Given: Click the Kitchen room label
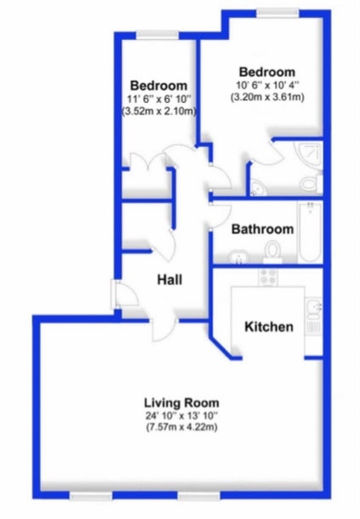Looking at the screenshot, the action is click(269, 327).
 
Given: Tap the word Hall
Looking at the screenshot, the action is click(169, 280).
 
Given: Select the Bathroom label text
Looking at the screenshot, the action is click(262, 229).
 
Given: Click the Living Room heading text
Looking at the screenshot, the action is click(181, 402).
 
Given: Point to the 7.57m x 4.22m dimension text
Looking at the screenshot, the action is click(181, 427).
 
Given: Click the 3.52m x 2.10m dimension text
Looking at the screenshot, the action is click(159, 111).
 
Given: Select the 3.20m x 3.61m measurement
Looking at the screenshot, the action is click(267, 97).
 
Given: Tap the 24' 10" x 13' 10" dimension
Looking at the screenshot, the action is click(181, 415).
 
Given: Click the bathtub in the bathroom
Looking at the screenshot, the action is click(310, 232).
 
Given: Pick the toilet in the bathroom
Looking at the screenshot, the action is click(273, 252).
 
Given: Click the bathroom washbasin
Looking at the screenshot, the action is click(238, 257).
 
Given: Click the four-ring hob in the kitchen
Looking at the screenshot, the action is click(268, 277).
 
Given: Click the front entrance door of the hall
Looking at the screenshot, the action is click(124, 294).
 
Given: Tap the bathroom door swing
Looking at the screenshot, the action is click(221, 216).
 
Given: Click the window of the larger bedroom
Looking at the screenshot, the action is click(277, 13).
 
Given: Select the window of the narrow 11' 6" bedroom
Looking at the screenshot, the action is click(157, 35).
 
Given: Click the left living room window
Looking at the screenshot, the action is click(91, 496).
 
